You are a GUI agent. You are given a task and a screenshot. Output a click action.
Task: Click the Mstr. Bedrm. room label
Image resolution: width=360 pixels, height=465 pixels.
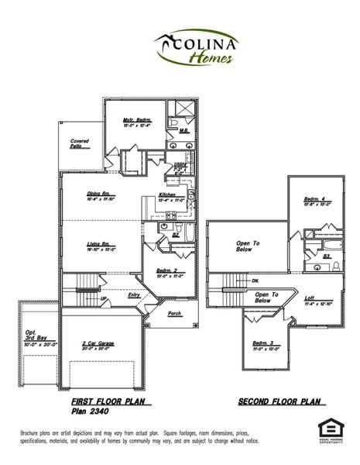(x=136, y=121)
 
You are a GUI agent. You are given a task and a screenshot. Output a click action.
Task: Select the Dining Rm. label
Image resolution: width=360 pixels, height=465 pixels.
(x=102, y=194)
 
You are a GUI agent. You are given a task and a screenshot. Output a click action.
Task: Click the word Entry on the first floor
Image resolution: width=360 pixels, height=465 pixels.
(x=134, y=294)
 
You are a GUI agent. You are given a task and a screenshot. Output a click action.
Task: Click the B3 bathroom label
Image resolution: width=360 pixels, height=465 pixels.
(x=326, y=255)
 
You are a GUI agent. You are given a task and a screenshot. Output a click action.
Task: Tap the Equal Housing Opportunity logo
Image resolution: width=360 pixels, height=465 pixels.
(x=327, y=429)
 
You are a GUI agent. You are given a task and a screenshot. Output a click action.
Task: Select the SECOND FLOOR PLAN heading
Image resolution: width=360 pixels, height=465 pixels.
(x=278, y=402)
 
